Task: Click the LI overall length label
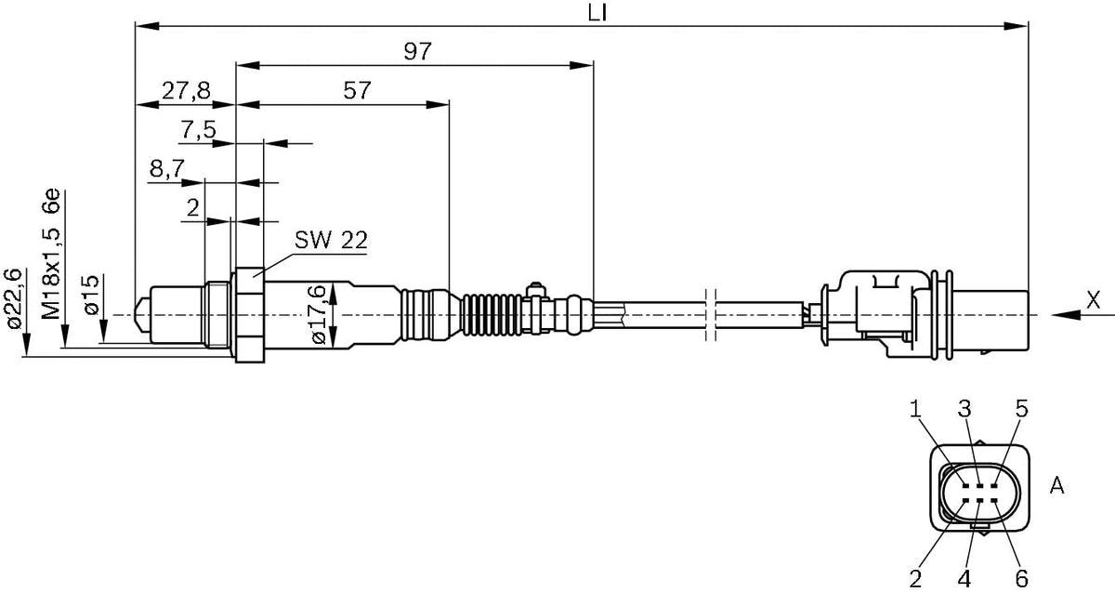point(597,13)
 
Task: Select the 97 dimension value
point(417,51)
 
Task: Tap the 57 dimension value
point(357,90)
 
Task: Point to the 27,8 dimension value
point(186,90)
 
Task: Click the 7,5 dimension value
point(198,130)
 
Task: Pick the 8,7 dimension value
point(167,169)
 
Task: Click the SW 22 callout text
point(331,240)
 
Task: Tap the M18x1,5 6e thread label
point(51,254)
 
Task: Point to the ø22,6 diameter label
point(12,298)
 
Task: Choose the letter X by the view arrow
point(1093,301)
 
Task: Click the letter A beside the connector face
point(1056,485)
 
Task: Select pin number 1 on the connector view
point(915,409)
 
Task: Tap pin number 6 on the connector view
point(1021,578)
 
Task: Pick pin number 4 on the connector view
point(964,578)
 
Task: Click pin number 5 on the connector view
point(1021,409)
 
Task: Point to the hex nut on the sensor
point(249,315)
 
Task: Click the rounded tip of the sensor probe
point(143,315)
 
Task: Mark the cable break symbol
point(711,315)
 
